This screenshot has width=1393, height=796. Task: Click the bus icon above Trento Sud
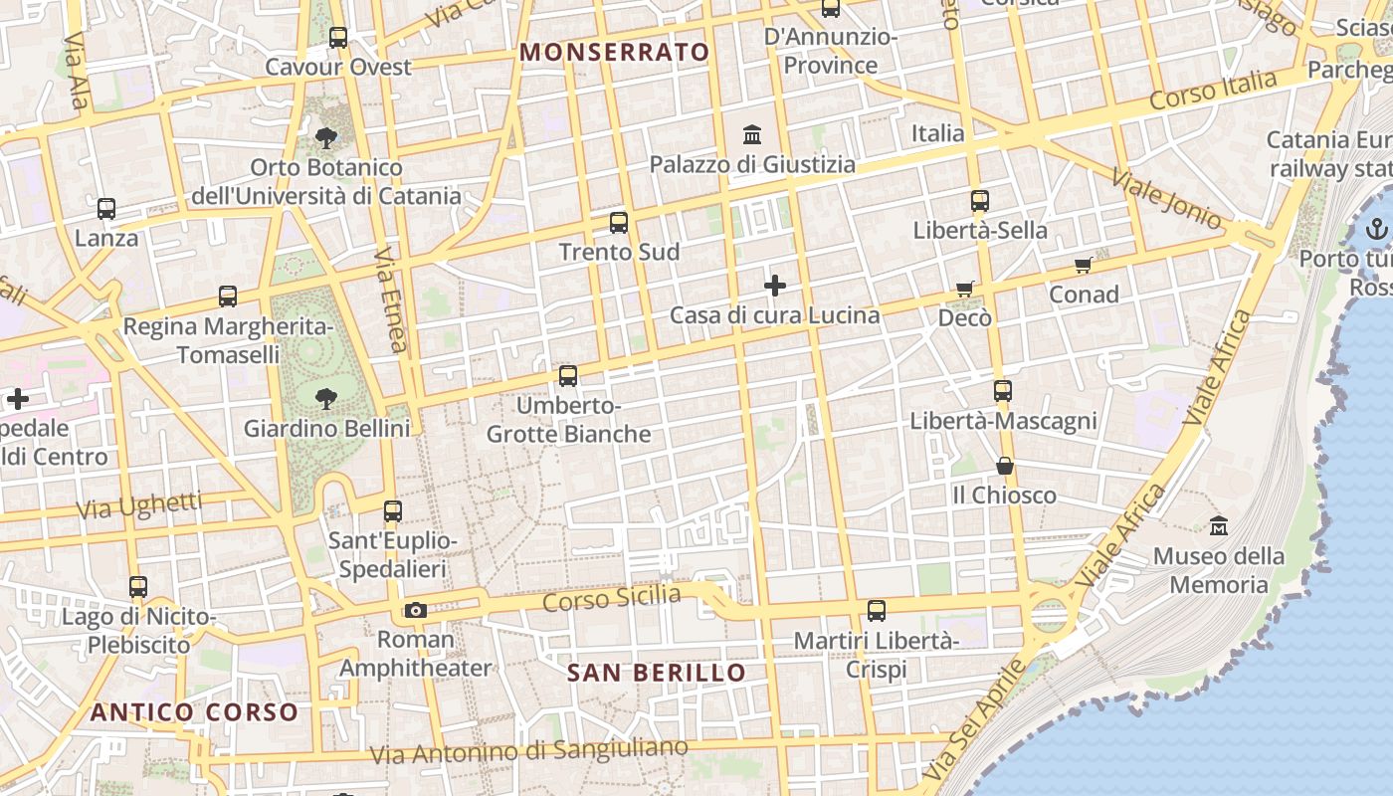pyautogui.click(x=619, y=222)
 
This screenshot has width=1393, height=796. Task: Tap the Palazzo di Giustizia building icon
pyautogui.click(x=752, y=134)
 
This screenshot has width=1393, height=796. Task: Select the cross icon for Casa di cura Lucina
pyautogui.click(x=775, y=287)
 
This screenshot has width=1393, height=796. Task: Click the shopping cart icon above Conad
pyautogui.click(x=1084, y=265)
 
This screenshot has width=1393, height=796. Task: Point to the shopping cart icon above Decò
pyautogui.click(x=964, y=289)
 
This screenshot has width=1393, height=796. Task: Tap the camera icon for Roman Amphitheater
pyautogui.click(x=416, y=610)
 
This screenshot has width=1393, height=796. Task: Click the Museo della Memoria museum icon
pyautogui.click(x=1218, y=525)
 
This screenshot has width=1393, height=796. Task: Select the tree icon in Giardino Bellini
pyautogui.click(x=325, y=399)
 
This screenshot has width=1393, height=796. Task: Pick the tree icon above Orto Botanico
pyautogui.click(x=325, y=138)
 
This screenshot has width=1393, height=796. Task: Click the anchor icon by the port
pyautogui.click(x=1376, y=230)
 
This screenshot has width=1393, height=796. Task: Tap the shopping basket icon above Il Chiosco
pyautogui.click(x=1005, y=466)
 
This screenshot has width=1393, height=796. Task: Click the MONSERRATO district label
pyautogui.click(x=615, y=52)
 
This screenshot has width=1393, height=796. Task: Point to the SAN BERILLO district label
pyautogui.click(x=657, y=673)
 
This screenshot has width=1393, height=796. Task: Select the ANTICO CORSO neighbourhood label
pyautogui.click(x=194, y=712)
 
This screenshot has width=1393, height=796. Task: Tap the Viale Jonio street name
pyautogui.click(x=1166, y=198)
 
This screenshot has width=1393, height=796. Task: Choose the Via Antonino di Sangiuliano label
pyautogui.click(x=528, y=751)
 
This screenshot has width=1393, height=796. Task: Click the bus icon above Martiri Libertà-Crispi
pyautogui.click(x=876, y=610)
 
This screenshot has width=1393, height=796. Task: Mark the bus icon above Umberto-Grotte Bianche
pyautogui.click(x=568, y=376)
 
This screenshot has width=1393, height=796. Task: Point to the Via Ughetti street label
pyautogui.click(x=139, y=506)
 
